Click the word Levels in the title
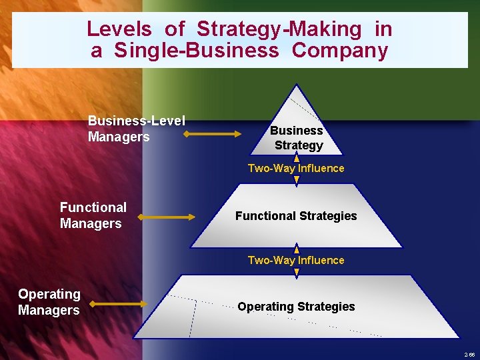click(119, 29)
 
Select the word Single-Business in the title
click(197, 51)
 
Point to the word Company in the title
click(340, 51)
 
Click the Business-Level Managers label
click(136, 129)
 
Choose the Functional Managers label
click(93, 215)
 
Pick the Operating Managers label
click(49, 302)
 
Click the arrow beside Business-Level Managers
click(213, 134)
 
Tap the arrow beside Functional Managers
click(166, 217)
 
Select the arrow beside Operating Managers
click(118, 304)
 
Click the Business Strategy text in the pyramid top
click(297, 138)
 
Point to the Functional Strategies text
click(296, 216)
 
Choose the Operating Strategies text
click(296, 307)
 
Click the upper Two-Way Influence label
click(296, 169)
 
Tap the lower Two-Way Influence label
click(296, 261)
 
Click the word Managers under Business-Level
click(119, 137)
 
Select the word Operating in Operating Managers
click(49, 294)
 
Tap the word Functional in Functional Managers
click(93, 207)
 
